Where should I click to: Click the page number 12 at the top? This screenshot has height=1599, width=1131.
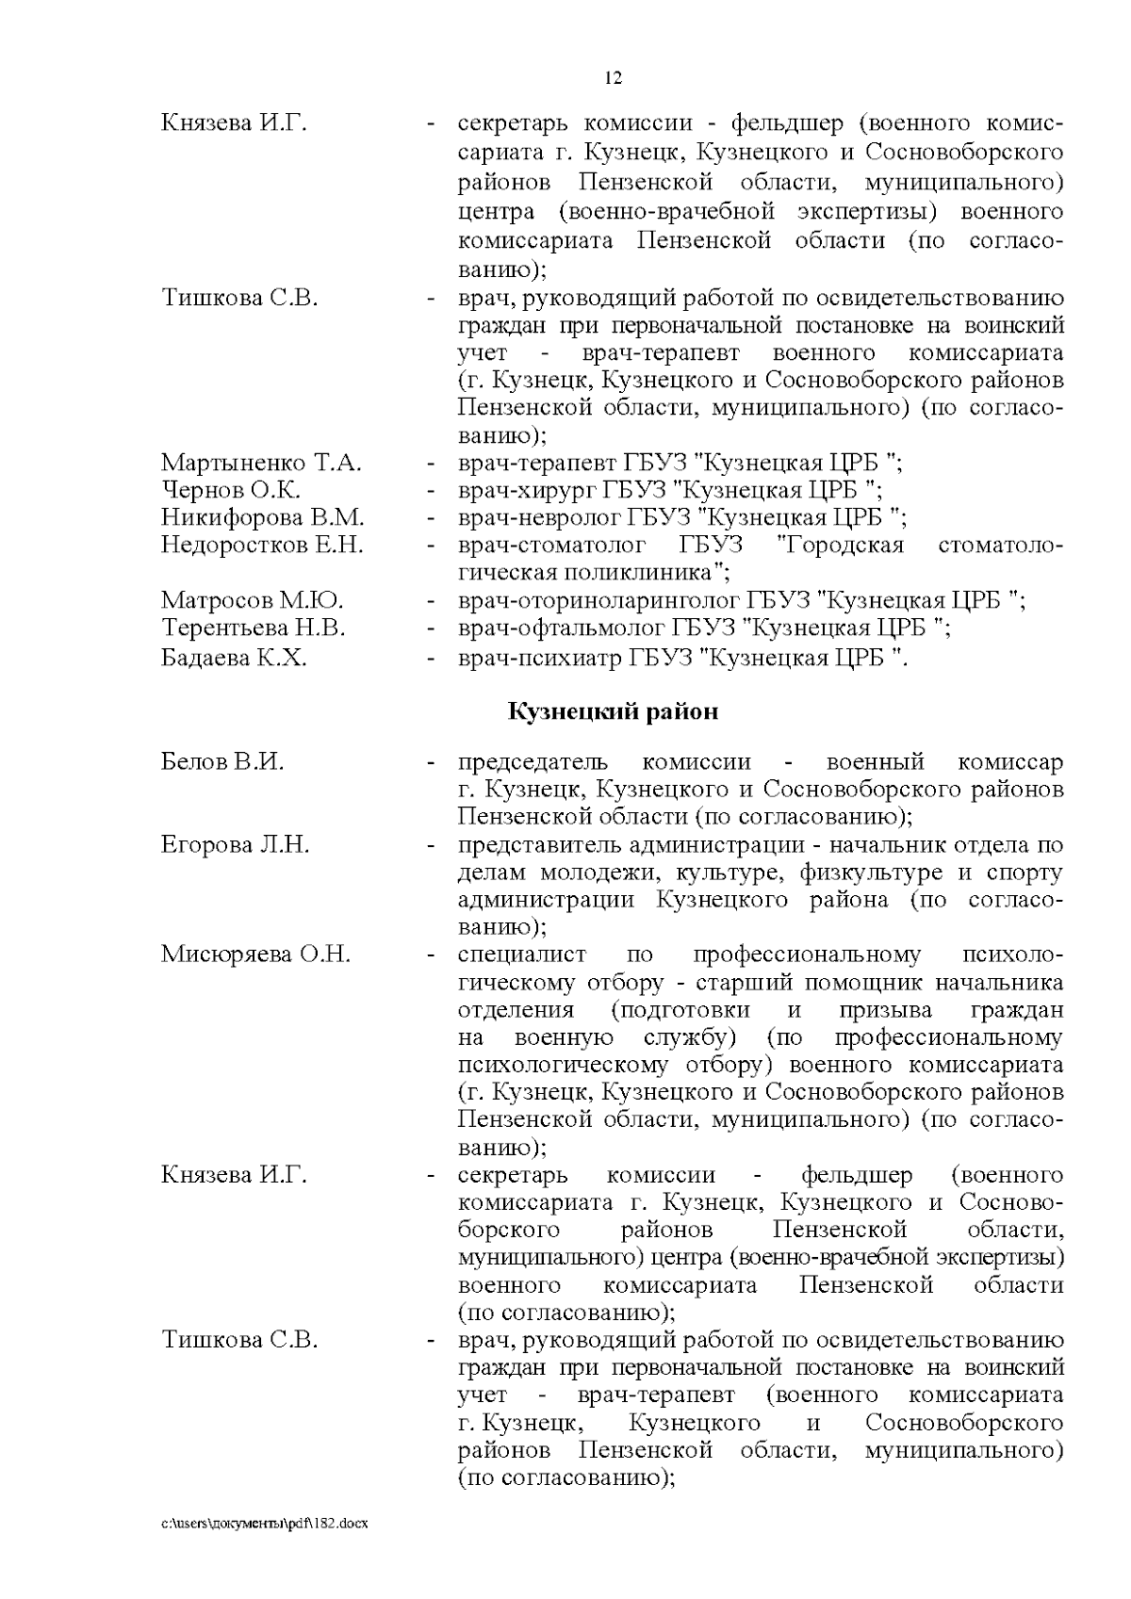pyautogui.click(x=613, y=79)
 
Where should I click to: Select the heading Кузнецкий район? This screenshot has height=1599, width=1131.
pyautogui.click(x=613, y=711)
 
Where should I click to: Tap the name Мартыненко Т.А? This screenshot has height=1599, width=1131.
pyautogui.click(x=262, y=463)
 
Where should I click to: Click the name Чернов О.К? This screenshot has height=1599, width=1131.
pyautogui.click(x=231, y=490)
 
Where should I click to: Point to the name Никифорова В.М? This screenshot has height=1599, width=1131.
pyautogui.click(x=262, y=517)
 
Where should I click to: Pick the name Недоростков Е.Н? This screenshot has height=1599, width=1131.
pyautogui.click(x=261, y=545)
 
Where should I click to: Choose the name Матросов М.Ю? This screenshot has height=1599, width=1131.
pyautogui.click(x=252, y=600)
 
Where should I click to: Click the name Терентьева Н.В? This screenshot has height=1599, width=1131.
pyautogui.click(x=254, y=628)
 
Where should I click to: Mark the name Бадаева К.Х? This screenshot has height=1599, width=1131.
pyautogui.click(x=234, y=658)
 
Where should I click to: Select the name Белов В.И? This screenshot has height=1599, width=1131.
pyautogui.click(x=222, y=762)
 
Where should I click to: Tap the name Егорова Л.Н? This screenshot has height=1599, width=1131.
pyautogui.click(x=235, y=844)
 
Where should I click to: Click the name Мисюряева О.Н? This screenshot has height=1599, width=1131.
pyautogui.click(x=255, y=955)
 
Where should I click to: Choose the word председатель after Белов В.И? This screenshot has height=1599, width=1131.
pyautogui.click(x=533, y=762)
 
